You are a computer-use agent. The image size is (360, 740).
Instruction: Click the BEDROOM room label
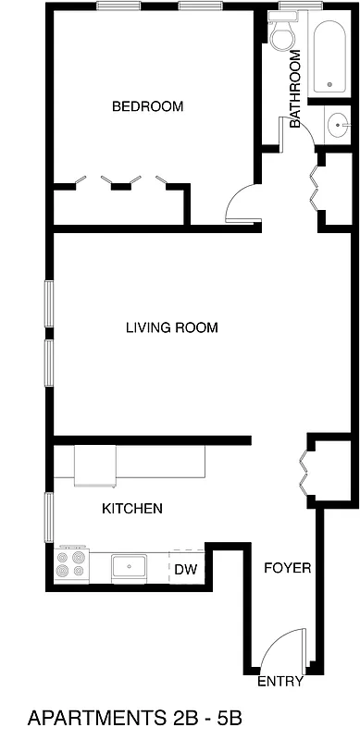[x=147, y=106]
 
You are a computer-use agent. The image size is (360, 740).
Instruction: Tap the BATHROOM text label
[x=296, y=89]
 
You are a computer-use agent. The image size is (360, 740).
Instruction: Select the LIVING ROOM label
[x=172, y=327]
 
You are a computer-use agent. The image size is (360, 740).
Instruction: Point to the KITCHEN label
[x=132, y=508]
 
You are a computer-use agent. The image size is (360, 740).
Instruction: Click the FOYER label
[x=288, y=568]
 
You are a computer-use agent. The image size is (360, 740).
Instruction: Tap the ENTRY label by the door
[x=279, y=683]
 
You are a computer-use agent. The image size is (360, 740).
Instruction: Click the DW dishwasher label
[x=185, y=569]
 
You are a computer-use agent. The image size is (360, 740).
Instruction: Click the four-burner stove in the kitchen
[x=72, y=562]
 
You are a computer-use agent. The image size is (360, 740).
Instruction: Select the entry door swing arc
[x=282, y=647]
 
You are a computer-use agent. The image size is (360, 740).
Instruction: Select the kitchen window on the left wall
[x=49, y=518]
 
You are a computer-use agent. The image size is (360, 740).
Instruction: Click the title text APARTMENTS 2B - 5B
[x=134, y=718]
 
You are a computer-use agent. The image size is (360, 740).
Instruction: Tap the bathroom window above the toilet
[x=301, y=7]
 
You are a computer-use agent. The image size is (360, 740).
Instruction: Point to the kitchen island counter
[x=139, y=462]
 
